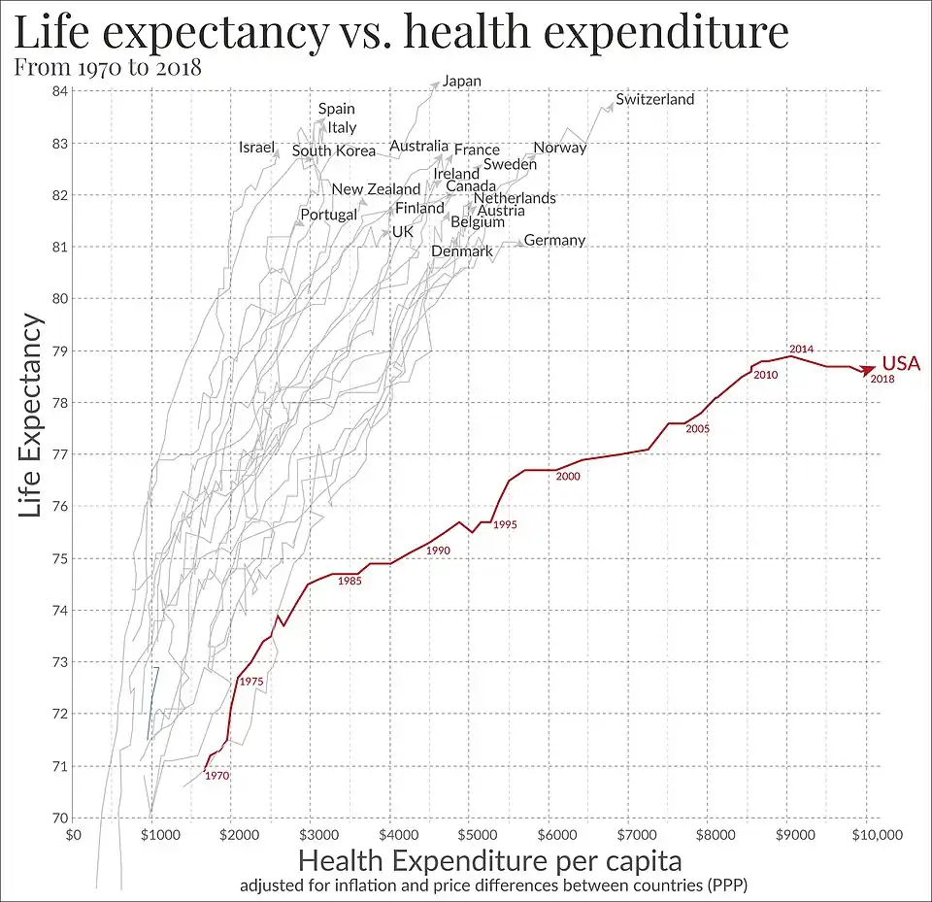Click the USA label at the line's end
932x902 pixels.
[x=900, y=363]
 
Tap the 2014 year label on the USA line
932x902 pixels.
[x=801, y=349]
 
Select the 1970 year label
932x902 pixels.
[x=216, y=776]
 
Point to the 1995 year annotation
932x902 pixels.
[x=505, y=524]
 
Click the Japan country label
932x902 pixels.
[x=461, y=81]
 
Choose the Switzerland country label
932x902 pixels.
[x=654, y=99]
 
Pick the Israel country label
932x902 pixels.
[x=257, y=148]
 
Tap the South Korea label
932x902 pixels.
[x=333, y=150]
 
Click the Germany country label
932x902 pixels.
[x=554, y=240]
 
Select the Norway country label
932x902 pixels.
[x=560, y=148]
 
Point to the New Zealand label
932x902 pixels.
[x=376, y=189]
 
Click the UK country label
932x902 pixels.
[x=402, y=232]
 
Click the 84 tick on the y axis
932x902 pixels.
[x=59, y=91]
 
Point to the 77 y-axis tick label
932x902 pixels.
[x=59, y=454]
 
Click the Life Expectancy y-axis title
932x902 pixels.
[x=31, y=415]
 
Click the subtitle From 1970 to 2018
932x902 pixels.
[x=109, y=68]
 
